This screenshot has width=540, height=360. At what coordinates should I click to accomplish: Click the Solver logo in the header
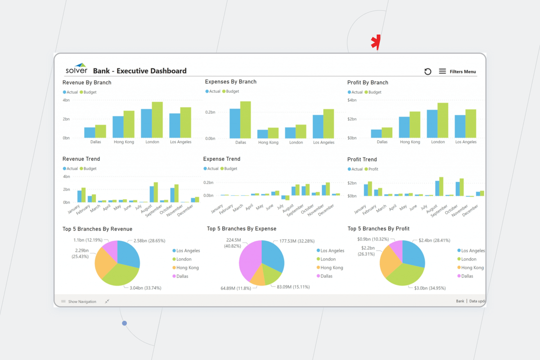click(76, 68)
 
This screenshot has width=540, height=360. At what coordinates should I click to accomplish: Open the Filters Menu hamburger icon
click(442, 72)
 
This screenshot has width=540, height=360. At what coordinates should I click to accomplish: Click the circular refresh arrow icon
click(427, 72)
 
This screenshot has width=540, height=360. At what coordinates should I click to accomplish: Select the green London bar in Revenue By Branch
click(157, 120)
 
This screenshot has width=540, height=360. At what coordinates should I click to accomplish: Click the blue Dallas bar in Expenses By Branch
click(235, 123)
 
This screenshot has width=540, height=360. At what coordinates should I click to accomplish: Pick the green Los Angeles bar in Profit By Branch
click(471, 124)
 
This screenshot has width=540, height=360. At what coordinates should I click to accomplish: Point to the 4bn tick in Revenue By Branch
click(66, 100)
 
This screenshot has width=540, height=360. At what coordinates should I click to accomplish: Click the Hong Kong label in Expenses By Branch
click(268, 143)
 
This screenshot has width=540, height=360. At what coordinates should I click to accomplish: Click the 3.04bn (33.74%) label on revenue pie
click(145, 288)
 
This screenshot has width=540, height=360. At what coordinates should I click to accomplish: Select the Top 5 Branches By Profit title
click(378, 229)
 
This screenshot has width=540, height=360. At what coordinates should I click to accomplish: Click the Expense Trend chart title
click(221, 159)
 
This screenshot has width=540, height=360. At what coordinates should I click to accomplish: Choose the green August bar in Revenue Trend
click(156, 192)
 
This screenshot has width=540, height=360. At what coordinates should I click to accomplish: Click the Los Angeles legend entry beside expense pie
click(332, 251)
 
